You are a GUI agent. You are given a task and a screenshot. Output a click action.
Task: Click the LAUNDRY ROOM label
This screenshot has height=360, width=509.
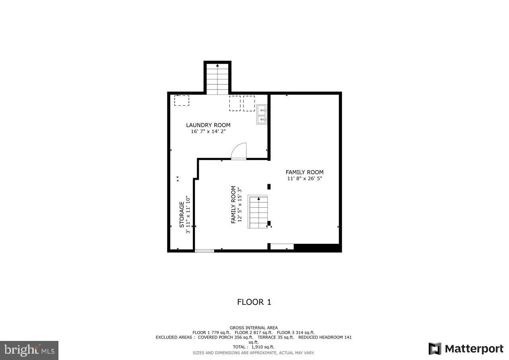[208, 125]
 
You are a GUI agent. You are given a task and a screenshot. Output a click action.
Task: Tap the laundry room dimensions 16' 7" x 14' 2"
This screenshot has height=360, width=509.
[208, 131]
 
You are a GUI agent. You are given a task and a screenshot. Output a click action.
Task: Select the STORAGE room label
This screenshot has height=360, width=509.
[182, 214]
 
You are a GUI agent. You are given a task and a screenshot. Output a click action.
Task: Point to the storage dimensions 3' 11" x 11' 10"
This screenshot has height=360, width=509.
[188, 215]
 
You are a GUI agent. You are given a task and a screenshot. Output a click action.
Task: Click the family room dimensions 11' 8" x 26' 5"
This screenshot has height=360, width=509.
[304, 179]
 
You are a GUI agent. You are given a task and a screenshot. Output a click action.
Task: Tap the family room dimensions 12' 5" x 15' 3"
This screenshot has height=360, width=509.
[240, 204]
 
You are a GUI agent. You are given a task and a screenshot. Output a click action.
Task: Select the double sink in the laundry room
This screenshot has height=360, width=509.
[262, 114]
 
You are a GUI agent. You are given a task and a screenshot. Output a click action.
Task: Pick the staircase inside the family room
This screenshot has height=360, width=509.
[258, 212]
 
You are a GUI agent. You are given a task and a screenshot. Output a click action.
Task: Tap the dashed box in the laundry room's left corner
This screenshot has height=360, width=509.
[182, 100]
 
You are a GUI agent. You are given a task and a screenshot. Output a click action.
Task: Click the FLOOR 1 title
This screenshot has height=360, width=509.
[254, 302]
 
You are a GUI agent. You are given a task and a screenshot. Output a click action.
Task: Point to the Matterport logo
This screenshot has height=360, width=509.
[466, 349]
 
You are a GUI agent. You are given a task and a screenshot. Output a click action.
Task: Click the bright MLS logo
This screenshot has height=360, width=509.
[29, 350]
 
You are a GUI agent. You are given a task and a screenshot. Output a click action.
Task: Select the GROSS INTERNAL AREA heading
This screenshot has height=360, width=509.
[254, 328]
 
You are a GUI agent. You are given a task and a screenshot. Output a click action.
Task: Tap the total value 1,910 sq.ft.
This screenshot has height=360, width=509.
[263, 347]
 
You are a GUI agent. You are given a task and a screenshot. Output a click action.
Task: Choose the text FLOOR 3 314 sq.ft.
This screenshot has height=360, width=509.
[295, 333]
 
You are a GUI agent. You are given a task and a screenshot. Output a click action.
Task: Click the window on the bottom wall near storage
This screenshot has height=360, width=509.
[204, 251]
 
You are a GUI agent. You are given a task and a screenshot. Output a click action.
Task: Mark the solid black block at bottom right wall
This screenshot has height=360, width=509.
[317, 247]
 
